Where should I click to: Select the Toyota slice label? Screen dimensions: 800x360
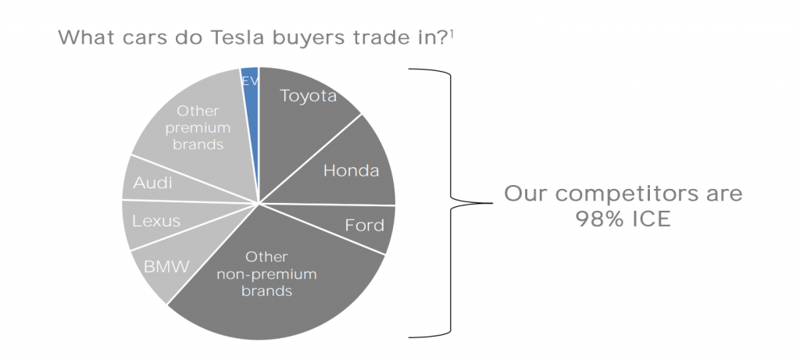pos(308,96)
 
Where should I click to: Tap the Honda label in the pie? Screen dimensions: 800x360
pos(351,170)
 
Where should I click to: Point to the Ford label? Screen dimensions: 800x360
pos(364,225)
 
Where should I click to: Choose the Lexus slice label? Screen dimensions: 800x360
pos(156,221)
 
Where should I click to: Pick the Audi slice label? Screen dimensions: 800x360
pos(152,183)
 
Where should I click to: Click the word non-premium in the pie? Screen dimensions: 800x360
pos(266,274)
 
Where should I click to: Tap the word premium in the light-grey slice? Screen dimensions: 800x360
pos(198,127)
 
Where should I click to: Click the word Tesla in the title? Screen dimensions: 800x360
pos(239,37)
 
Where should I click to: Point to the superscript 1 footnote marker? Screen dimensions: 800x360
pos(452,33)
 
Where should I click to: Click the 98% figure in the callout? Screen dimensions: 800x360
pos(598,219)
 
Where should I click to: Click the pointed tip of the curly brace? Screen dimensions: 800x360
pos(492,203)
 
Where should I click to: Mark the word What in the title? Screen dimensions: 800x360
pos(87,37)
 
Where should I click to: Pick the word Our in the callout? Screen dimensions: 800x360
pos(527,194)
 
